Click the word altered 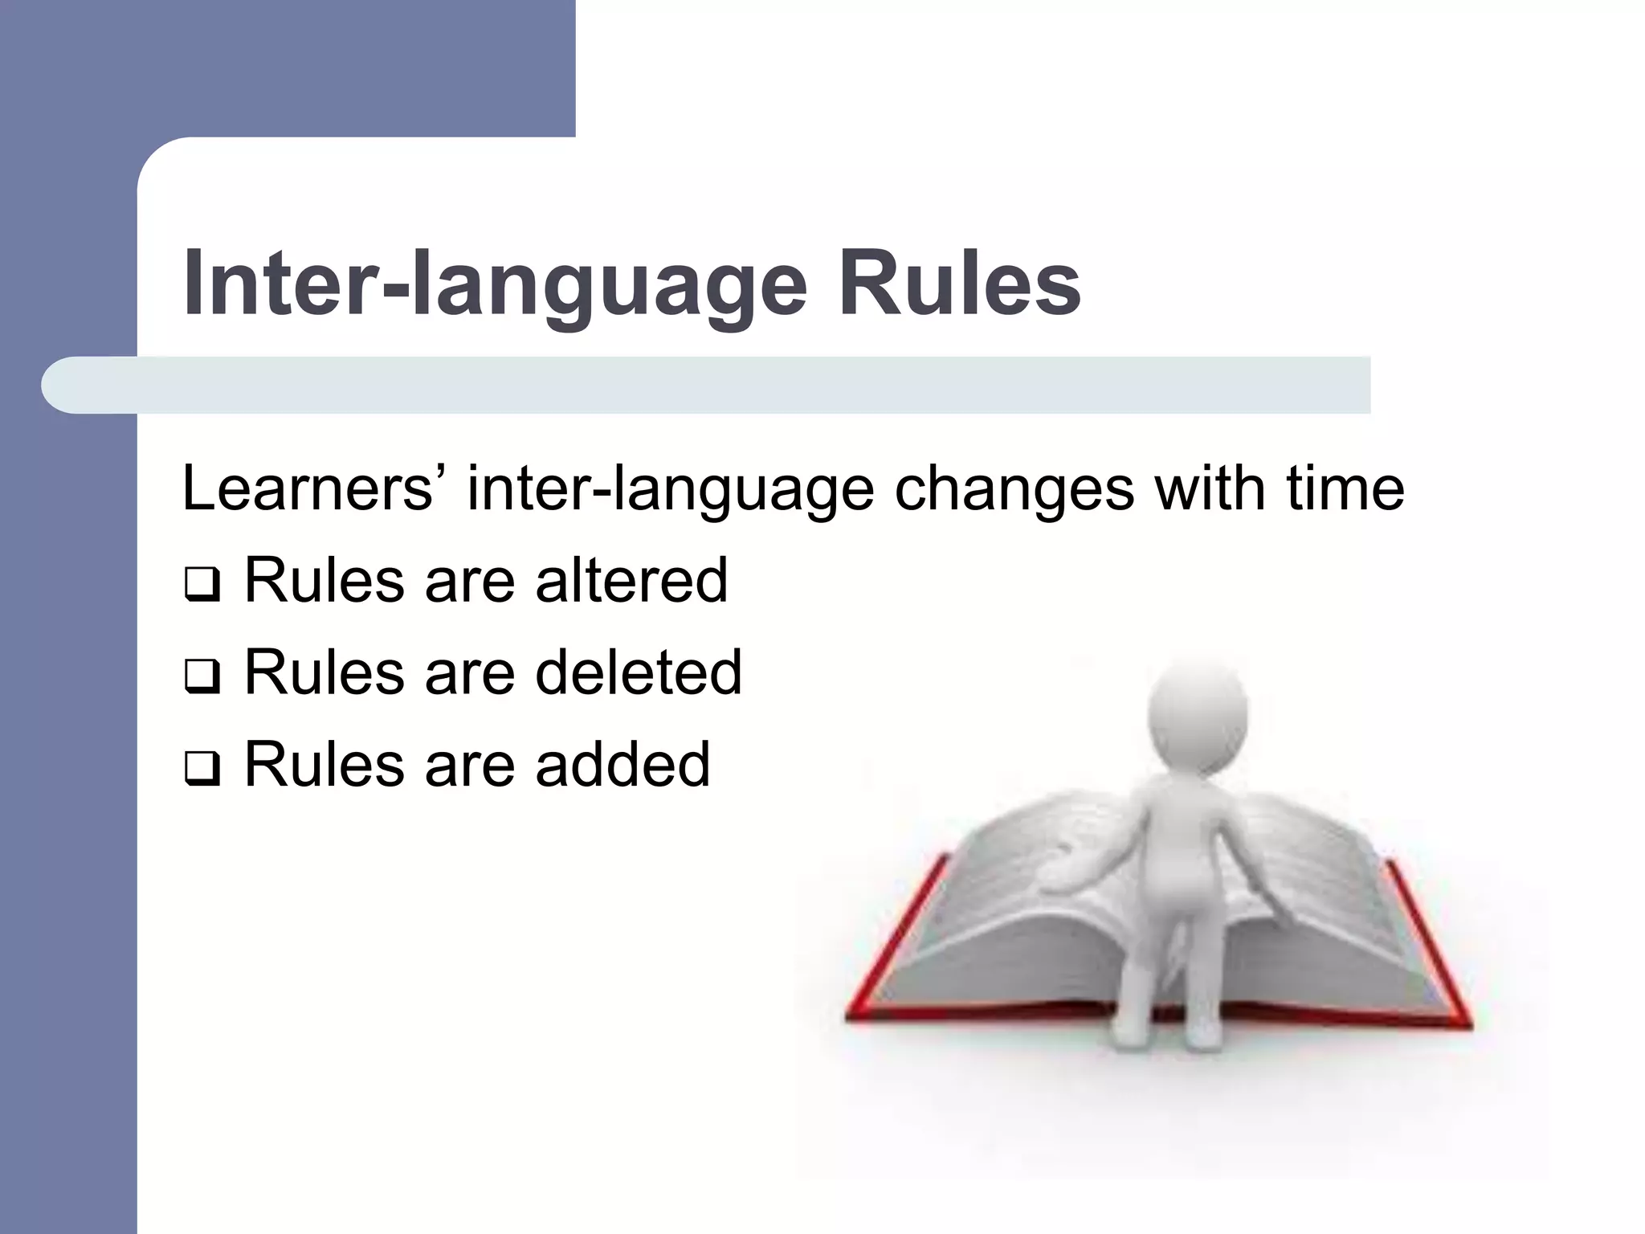[631, 580]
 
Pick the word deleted [639, 672]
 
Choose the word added [622, 764]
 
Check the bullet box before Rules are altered [201, 586]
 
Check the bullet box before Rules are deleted [201, 679]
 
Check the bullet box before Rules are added [201, 771]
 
